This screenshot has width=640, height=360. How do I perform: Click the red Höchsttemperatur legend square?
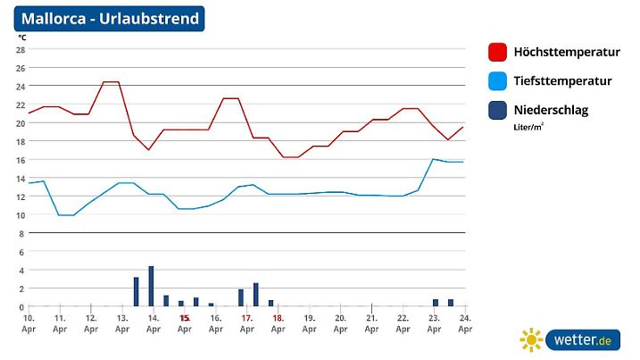click(x=498, y=53)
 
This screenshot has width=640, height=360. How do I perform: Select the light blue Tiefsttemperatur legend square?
click(x=498, y=81)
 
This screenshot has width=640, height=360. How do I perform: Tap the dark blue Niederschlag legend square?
click(x=498, y=111)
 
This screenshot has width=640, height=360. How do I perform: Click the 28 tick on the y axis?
click(x=20, y=49)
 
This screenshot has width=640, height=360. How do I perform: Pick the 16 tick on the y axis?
click(x=20, y=160)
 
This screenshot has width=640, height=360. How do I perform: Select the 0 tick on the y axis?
click(x=21, y=307)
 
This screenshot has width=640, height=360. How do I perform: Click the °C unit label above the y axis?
click(x=21, y=38)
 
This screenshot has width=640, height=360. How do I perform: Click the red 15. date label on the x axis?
click(x=185, y=318)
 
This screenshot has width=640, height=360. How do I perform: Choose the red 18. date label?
click(x=278, y=318)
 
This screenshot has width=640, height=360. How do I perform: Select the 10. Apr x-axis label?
click(x=29, y=323)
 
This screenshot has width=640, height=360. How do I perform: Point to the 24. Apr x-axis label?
click(x=465, y=323)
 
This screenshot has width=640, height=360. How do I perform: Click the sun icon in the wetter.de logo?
click(x=532, y=340)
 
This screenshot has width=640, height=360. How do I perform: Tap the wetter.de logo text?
click(x=581, y=340)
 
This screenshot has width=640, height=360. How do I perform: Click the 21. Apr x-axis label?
click(x=371, y=323)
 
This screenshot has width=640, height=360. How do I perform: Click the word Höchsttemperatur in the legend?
click(x=564, y=53)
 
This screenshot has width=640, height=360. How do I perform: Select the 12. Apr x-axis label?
click(x=91, y=323)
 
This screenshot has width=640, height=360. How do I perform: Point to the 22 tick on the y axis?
click(x=20, y=105)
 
